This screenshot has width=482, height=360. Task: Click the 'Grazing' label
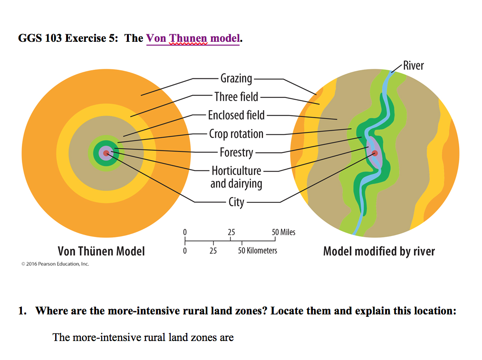tap(236, 78)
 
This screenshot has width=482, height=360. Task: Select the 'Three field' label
tap(236, 97)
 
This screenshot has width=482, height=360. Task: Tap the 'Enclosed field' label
tap(236, 115)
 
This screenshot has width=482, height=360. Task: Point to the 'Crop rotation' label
tap(236, 134)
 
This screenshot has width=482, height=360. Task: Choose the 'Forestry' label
tap(236, 152)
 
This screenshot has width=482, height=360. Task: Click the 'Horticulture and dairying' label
tap(236, 177)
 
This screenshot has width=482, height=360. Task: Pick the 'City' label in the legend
tap(236, 202)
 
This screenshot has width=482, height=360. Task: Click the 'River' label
tap(413, 66)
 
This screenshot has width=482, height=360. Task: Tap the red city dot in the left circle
tap(106, 153)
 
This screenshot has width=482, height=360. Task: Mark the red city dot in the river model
tap(375, 153)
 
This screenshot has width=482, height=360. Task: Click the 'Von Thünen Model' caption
tap(101, 251)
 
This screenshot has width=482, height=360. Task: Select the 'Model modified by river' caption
tap(379, 251)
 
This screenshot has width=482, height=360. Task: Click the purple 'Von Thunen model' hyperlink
tap(193, 38)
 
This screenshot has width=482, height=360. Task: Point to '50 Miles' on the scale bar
tap(283, 232)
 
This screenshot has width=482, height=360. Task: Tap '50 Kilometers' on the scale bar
tap(257, 250)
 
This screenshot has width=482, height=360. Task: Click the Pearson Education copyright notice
tap(55, 264)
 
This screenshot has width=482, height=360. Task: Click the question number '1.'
tap(22, 312)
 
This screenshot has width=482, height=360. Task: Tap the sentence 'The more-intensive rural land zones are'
tap(143, 338)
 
